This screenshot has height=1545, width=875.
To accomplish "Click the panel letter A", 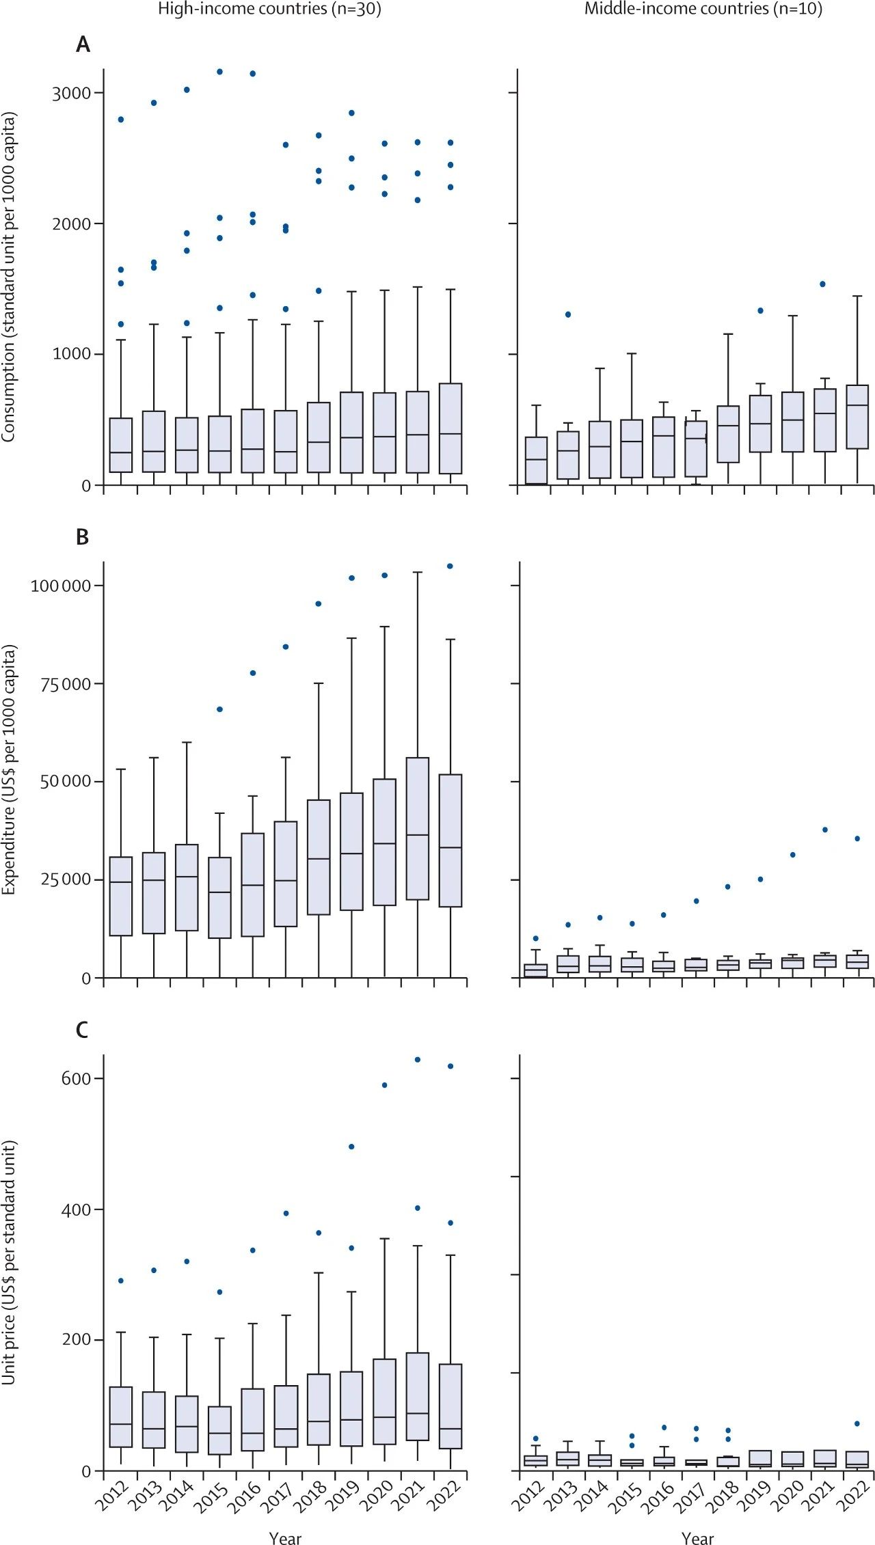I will pyautogui.click(x=83, y=45).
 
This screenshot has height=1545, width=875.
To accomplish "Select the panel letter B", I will pyautogui.click(x=82, y=537).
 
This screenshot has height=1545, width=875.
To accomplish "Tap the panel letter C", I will pyautogui.click(x=82, y=1030).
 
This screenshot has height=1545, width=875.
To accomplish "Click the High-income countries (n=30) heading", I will pyautogui.click(x=269, y=9).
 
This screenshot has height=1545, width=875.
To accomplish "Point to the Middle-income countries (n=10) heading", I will pyautogui.click(x=703, y=9).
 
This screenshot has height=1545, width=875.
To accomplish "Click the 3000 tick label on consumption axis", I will pyautogui.click(x=72, y=94).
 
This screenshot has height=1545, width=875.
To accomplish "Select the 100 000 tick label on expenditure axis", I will pyautogui.click(x=61, y=586).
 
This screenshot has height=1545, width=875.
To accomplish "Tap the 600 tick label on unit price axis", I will pyautogui.click(x=77, y=1078).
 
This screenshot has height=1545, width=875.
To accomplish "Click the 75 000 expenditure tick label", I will pyautogui.click(x=66, y=684).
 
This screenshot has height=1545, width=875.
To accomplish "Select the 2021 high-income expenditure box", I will pyautogui.click(x=418, y=828).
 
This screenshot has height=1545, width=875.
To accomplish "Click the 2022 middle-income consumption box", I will pyautogui.click(x=857, y=417).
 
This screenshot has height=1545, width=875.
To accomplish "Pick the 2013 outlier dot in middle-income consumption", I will pyautogui.click(x=568, y=314).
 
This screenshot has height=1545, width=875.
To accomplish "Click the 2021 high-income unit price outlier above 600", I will pyautogui.click(x=418, y=1060).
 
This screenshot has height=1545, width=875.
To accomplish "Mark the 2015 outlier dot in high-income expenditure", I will pyautogui.click(x=219, y=709).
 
